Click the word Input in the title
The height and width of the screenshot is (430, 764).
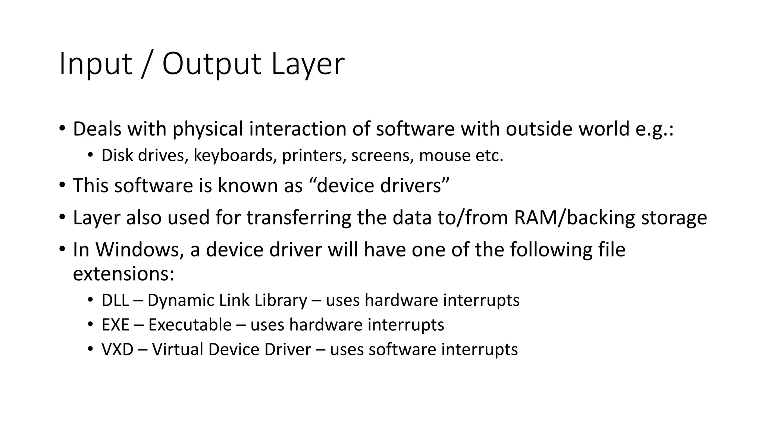95,64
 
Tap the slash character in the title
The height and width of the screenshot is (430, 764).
147,64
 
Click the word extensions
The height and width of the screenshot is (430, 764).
123,274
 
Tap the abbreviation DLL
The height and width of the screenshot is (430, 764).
115,300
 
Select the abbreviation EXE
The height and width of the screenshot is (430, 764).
115,325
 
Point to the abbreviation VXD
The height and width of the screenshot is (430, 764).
117,349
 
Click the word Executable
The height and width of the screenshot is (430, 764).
190,325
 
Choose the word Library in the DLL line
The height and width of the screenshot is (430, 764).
281,300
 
